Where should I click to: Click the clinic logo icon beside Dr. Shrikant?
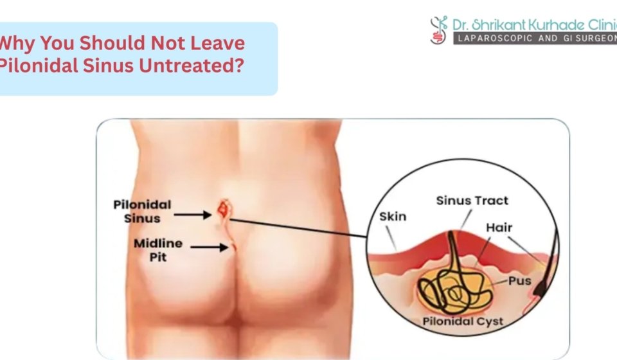pos(439,30)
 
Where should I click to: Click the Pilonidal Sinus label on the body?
pos(142,210)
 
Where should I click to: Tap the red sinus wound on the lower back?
pos(224,208)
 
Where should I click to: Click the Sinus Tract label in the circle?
pos(472,201)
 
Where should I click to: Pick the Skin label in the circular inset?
pos(393,216)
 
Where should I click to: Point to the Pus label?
pos(519,281)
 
